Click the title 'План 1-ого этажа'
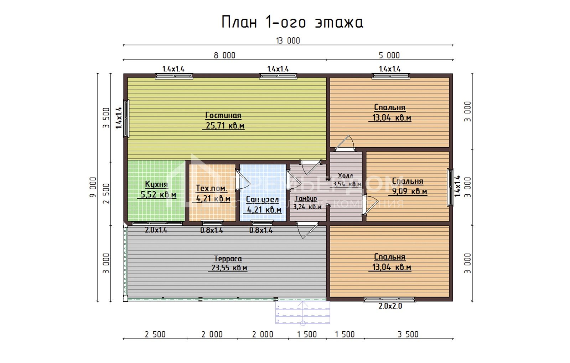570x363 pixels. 292,22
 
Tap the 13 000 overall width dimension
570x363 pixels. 288,41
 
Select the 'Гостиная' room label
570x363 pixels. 223,115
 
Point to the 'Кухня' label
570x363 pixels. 156,184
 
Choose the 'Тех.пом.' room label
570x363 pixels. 211,188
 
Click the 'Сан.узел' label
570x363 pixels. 262,200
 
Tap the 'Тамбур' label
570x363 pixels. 306,199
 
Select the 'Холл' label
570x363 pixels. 345,176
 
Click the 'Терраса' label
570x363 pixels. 228,259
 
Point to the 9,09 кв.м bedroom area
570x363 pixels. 409,191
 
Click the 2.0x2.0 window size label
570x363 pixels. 390,306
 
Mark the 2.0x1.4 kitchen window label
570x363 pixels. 156,230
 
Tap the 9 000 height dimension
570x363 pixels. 93,187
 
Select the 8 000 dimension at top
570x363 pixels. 224,55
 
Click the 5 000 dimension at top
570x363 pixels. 389,55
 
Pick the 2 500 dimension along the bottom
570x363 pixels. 155,334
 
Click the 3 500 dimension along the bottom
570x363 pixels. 408,334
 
